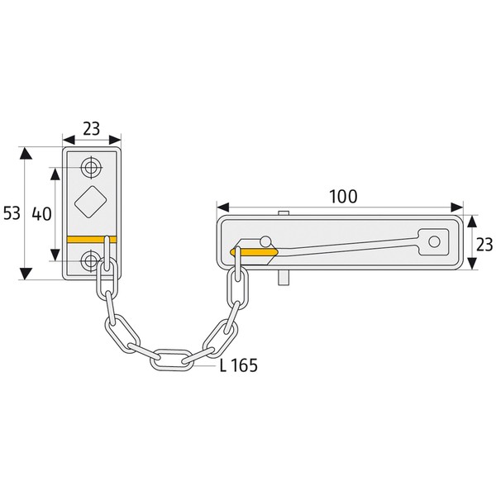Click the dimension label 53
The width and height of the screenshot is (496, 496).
tap(12, 213)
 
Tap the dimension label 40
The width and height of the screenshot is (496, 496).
tap(41, 214)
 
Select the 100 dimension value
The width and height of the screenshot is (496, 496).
tap(343, 197)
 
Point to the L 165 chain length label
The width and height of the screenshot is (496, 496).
tap(239, 365)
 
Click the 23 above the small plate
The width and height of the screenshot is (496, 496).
tap(92, 129)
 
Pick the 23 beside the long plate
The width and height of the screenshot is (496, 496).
tap(484, 245)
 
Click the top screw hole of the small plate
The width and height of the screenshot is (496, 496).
tap(92, 167)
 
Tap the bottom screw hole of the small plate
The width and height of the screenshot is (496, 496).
tap(91, 260)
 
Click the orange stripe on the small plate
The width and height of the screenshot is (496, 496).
tap(92, 240)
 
